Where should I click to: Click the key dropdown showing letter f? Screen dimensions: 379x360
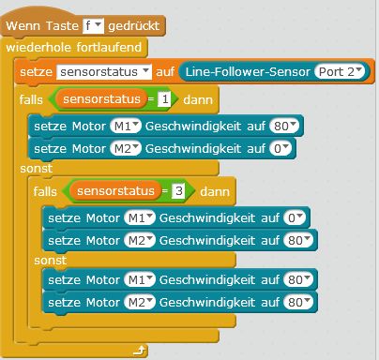click(93, 26)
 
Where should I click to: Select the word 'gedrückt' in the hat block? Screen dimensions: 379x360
click(134, 26)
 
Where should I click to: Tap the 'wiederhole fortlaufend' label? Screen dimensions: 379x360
click(74, 48)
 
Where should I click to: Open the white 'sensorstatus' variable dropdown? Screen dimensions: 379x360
click(104, 72)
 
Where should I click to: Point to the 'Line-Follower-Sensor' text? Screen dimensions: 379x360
click(248, 72)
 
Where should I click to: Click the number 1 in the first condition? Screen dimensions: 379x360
click(164, 99)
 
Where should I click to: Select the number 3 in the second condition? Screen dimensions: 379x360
click(178, 191)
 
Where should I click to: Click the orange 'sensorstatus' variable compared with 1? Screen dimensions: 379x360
click(101, 99)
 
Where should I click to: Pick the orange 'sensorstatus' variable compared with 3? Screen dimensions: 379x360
click(115, 191)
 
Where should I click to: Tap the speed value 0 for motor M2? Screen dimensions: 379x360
click(280, 149)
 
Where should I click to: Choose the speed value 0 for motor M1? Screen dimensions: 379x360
click(295, 218)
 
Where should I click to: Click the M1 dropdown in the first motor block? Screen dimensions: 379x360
click(126, 127)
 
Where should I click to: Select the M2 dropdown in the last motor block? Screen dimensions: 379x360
click(140, 303)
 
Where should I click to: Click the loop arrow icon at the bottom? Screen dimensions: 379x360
click(140, 351)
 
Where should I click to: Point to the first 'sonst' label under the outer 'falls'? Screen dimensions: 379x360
click(37, 169)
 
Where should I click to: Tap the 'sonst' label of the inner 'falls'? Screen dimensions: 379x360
click(51, 261)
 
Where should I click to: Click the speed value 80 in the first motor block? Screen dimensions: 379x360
click(284, 127)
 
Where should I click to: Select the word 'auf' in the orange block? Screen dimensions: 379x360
click(165, 72)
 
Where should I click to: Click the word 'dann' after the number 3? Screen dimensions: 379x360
click(215, 191)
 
